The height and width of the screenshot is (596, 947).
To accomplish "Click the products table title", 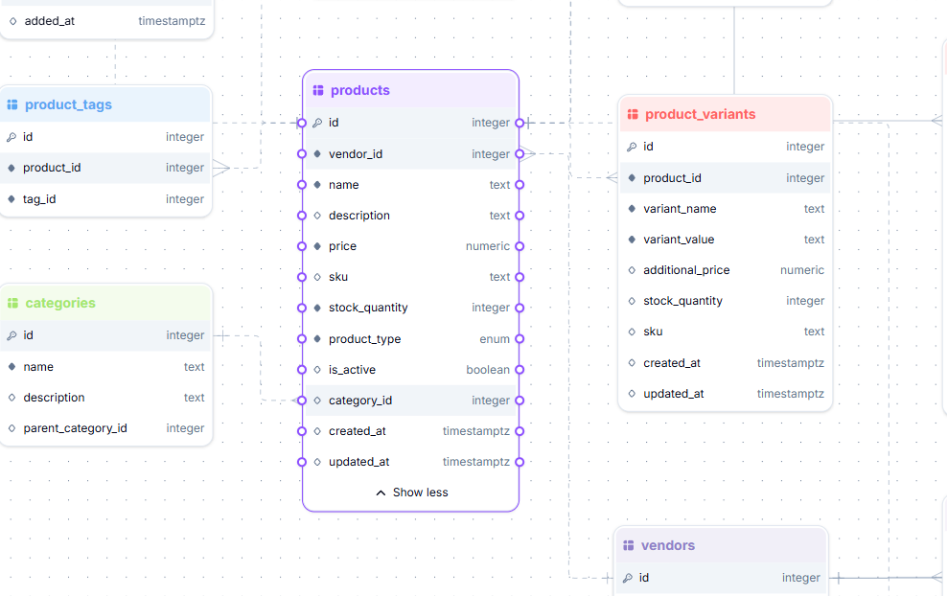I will pos(359,90).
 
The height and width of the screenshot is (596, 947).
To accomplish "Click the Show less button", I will pos(411,493).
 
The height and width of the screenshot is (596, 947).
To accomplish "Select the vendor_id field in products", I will pos(356,154).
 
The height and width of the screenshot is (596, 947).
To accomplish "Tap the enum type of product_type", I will pos(495,339).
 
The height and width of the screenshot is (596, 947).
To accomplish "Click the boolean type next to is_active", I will pos(488,370).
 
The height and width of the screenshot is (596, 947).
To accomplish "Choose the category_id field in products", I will pos(359,401).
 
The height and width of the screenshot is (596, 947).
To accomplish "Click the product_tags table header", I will pos(68,104).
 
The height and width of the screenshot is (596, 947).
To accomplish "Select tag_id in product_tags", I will pos(39,199).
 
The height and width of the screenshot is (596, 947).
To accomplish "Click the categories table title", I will pos(60,303).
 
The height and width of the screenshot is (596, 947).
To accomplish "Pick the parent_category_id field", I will pos(75,428).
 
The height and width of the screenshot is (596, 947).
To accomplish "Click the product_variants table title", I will pos(700,114).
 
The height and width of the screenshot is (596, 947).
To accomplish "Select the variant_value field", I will pos(679,240).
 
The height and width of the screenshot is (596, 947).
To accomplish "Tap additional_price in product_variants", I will pos(686,270).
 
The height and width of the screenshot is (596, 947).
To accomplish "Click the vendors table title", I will pos(667,545).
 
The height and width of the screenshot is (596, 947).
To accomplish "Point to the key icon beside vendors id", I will pos(629,578).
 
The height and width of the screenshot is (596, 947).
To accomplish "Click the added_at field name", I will pos(49,20).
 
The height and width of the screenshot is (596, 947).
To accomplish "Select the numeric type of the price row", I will pos(488,246).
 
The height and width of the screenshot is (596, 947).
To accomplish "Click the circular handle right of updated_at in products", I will pos(520,462).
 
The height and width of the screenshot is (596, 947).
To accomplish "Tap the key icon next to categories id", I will pos(12,335).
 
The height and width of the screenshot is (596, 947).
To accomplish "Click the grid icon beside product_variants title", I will pos(632,114).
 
